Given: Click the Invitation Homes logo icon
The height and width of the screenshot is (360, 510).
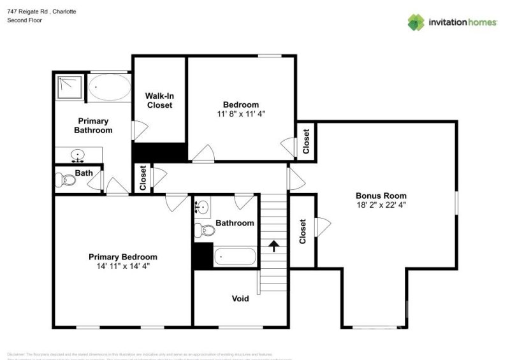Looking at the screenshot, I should tap(416, 22).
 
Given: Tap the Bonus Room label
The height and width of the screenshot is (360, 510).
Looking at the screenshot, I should tap(381, 196).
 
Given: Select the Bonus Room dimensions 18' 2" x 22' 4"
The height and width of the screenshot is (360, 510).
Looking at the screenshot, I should tap(381, 205).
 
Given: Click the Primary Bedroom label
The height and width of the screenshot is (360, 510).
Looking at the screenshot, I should tap(122, 257).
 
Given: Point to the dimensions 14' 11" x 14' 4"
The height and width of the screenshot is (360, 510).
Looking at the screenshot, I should tap(122, 266).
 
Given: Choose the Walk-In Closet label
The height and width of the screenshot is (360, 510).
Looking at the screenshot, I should tap(159, 100).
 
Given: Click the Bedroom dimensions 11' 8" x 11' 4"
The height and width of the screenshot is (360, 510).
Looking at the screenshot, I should tap(240, 114).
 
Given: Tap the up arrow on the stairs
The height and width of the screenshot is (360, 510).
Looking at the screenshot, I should tap(275, 246).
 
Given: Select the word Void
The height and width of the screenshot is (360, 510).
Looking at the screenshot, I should tap(240, 298).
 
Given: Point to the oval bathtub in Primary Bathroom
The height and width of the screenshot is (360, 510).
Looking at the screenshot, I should tap(108, 87).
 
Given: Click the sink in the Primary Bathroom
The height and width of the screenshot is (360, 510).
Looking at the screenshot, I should tap(78, 154).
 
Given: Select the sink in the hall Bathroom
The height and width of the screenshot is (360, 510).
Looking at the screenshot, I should tap(203, 207).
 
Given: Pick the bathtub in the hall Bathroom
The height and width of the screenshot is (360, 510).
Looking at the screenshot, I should tap(235, 257).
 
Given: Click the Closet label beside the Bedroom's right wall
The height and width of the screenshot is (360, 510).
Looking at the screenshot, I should tap(306, 141).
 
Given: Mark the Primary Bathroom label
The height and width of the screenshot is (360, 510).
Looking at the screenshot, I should tap(93, 126).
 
